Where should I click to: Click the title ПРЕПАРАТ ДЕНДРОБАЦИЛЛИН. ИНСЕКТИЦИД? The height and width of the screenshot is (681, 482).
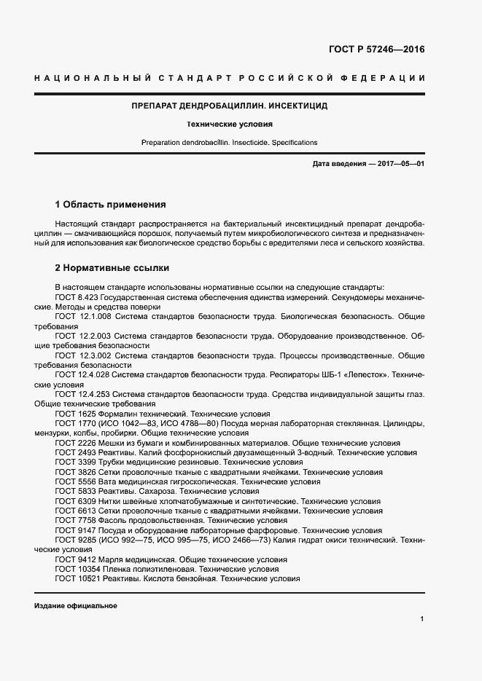tap(229, 106)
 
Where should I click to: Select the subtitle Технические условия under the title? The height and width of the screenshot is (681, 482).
tap(229, 125)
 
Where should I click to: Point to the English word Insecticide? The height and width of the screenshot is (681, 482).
tap(248, 143)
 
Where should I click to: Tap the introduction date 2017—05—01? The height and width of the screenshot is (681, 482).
tap(400, 164)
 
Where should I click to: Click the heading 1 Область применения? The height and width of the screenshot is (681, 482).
tap(111, 205)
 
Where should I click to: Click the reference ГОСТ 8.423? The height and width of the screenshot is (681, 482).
tap(79, 298)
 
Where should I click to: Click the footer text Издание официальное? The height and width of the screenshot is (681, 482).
tap(75, 606)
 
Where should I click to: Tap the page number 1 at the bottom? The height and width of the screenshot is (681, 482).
tap(422, 619)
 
